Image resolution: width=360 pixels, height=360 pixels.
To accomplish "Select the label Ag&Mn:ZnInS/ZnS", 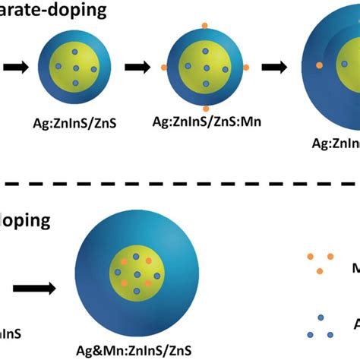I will (136, 350).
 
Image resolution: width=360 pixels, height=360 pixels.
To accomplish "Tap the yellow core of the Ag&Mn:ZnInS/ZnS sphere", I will (137, 274).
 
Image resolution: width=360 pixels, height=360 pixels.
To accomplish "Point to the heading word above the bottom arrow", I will (26, 221).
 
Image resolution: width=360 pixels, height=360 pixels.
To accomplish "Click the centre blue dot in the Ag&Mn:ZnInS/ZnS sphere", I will (137, 274).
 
